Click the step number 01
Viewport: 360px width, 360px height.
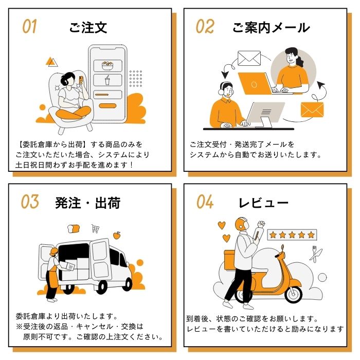(x=29, y=26)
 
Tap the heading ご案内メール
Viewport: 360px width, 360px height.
(x=271, y=28)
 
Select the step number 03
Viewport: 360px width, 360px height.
(x=30, y=202)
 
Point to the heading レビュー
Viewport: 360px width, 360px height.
(x=263, y=203)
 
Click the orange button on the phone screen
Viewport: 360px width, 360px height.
(x=107, y=106)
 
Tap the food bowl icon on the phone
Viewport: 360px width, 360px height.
(x=107, y=66)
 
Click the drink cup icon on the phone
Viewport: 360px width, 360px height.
(x=107, y=80)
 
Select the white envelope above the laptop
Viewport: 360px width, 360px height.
(x=249, y=58)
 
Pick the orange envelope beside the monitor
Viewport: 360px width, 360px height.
(x=312, y=110)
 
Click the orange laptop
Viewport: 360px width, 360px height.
(x=255, y=83)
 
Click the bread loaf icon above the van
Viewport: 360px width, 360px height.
(x=74, y=229)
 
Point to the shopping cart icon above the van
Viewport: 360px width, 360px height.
(x=95, y=228)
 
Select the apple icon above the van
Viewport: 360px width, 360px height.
(x=117, y=236)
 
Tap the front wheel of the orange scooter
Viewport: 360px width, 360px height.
(x=293, y=294)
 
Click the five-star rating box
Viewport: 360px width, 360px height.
(x=292, y=235)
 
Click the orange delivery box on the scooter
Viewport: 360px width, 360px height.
(x=229, y=259)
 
